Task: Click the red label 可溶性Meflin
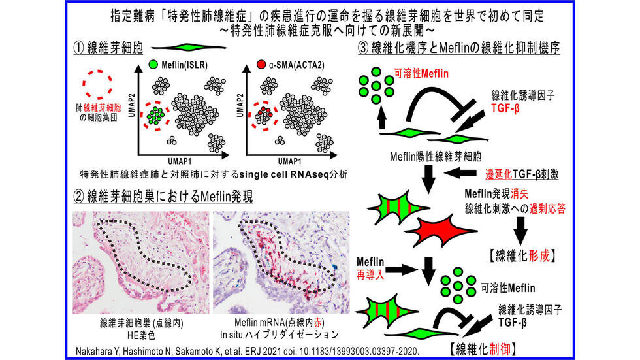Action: (x=421, y=74)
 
